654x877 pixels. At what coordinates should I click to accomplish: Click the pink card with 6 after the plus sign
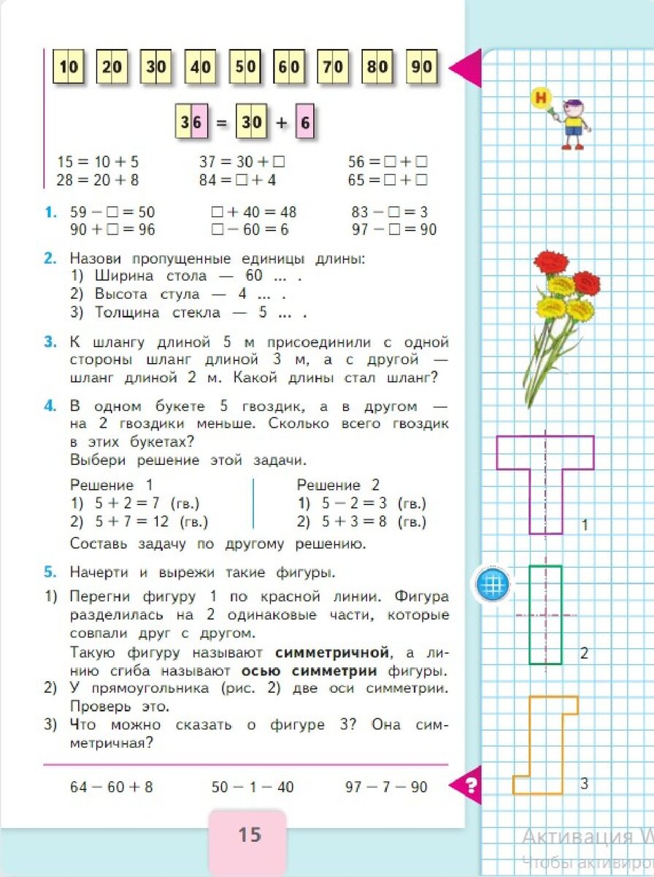(x=305, y=122)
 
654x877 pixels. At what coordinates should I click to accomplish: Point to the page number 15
(x=249, y=834)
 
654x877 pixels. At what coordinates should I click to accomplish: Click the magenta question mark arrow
(x=468, y=786)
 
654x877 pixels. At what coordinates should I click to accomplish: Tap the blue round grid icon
(x=491, y=585)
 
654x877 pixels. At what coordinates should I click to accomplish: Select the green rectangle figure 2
(x=545, y=615)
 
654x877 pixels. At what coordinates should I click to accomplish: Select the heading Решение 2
(x=338, y=485)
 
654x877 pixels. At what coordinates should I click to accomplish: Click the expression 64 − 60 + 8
(x=111, y=787)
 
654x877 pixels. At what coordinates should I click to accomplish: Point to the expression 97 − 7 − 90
(x=385, y=787)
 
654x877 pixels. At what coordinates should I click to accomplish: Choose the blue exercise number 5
(x=50, y=572)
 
